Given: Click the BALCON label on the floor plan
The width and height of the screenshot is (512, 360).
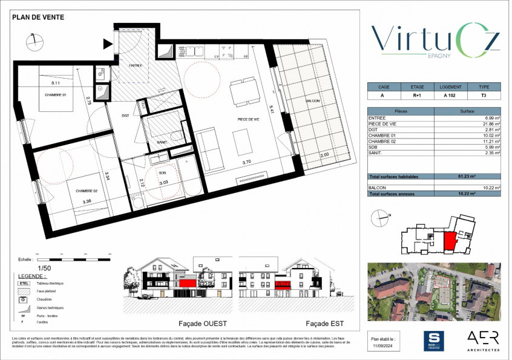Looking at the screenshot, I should point(313,100).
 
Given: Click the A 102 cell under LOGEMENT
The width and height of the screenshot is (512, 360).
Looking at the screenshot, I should point(450,96).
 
